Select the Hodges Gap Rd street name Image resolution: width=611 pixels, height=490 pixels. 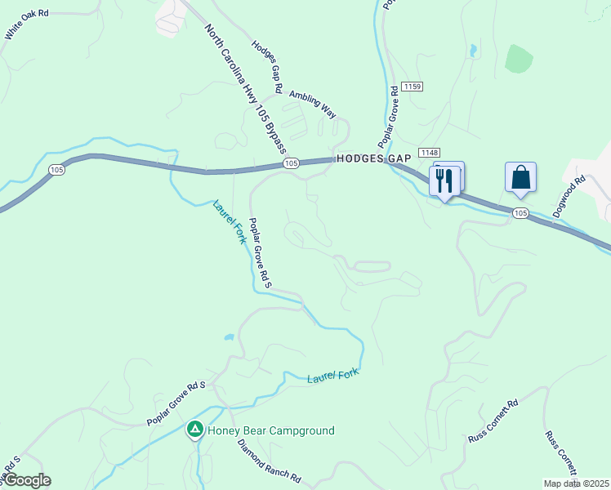click(x=267, y=66)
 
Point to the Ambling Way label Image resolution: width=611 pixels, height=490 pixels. click(x=312, y=104)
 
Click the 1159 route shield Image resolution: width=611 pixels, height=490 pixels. click(x=411, y=86)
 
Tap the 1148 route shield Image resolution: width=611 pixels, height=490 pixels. click(x=429, y=153)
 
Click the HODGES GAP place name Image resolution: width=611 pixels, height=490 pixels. click(x=359, y=160)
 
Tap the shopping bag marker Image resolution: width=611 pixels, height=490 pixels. click(x=520, y=178)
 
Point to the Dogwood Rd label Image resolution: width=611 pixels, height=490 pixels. click(x=569, y=196)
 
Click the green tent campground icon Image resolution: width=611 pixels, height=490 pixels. click(x=195, y=429)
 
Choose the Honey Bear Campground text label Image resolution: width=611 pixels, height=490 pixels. click(x=270, y=430)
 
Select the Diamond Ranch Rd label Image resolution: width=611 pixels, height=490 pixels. click(x=270, y=462)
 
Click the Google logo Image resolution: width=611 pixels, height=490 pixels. click(x=26, y=480)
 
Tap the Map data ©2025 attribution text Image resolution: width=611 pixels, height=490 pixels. click(x=575, y=483)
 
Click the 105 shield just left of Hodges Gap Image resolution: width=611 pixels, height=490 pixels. click(x=292, y=164)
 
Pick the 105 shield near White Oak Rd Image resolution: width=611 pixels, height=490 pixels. click(x=56, y=170)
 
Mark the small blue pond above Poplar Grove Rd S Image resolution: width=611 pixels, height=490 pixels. click(x=230, y=336)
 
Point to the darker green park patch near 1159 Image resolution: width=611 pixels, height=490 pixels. click(x=518, y=58)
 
